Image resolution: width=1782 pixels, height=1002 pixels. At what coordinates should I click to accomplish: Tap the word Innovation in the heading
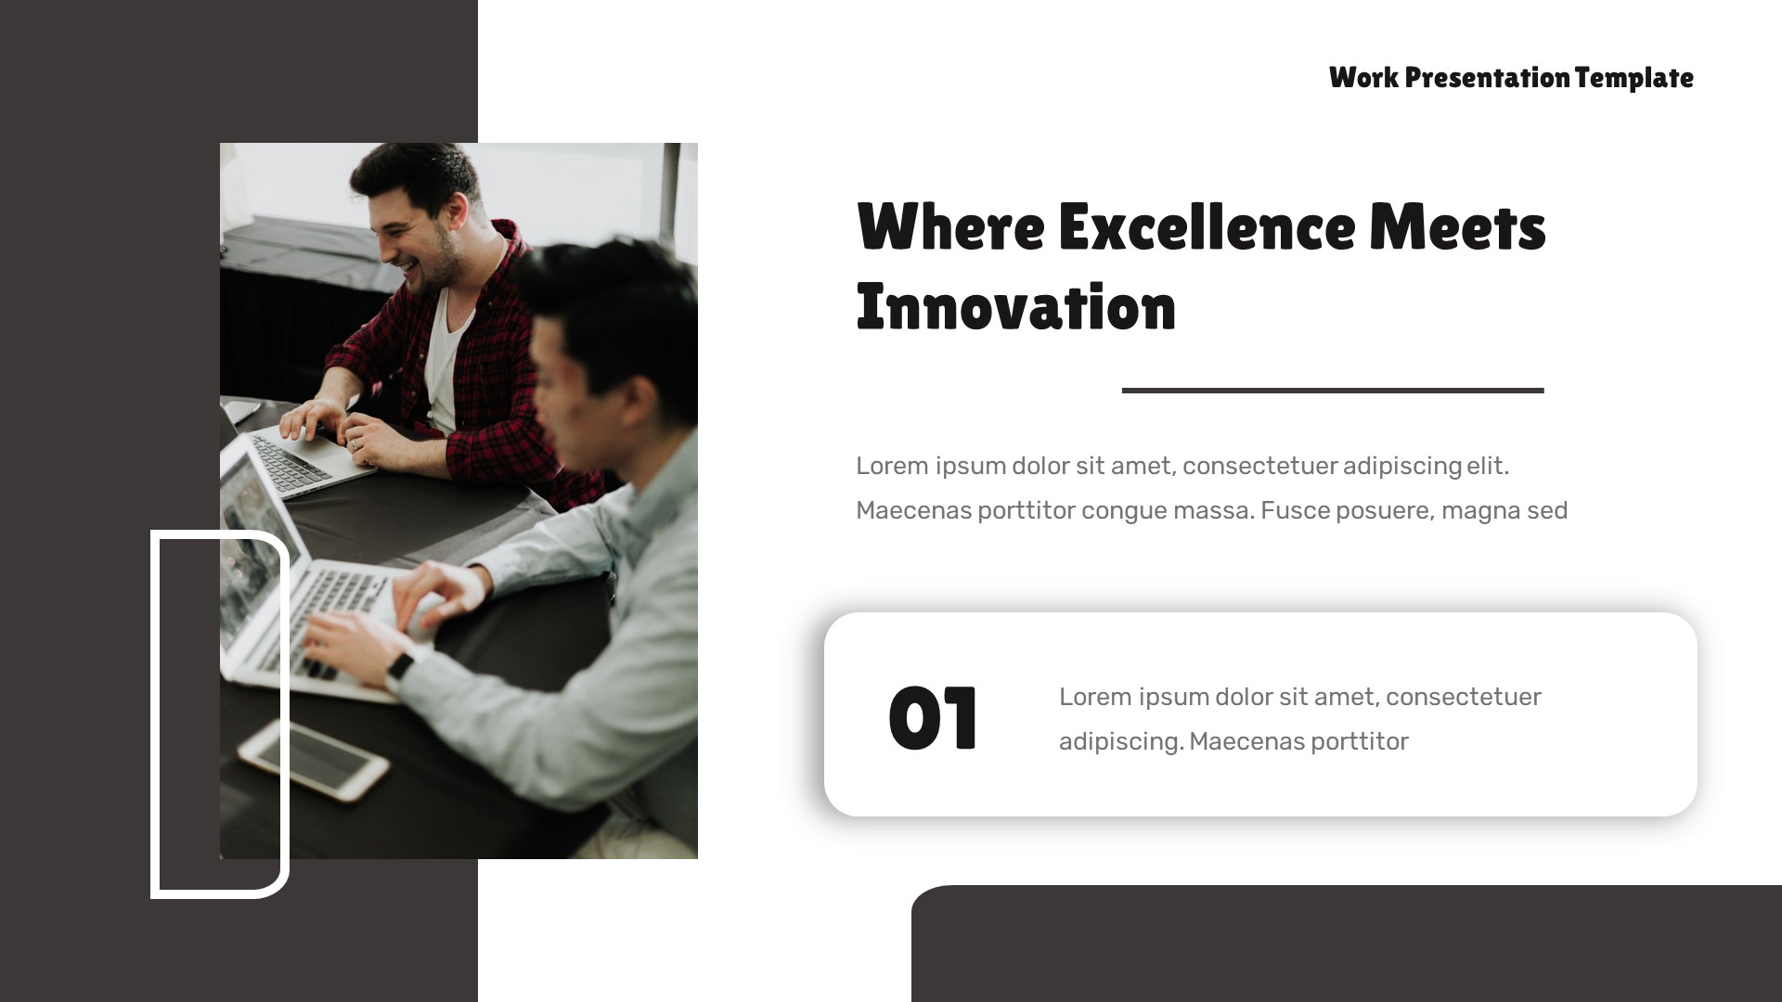[1015, 308]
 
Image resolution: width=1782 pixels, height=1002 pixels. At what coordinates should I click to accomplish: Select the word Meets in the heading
[1457, 227]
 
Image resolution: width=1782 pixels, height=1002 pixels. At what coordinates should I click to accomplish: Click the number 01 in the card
[933, 718]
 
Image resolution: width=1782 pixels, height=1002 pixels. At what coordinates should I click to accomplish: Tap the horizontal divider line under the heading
[1332, 391]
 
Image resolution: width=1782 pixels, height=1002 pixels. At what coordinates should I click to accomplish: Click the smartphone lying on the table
[313, 758]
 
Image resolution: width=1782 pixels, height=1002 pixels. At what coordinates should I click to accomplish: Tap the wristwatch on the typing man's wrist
[400, 667]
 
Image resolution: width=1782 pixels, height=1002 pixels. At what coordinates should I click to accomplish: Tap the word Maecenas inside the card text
[1243, 742]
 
